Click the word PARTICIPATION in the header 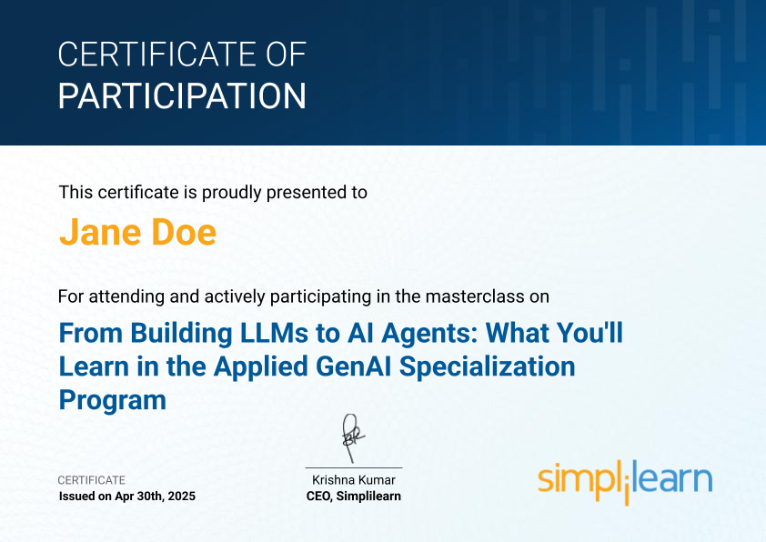tap(182, 95)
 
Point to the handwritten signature tap(352, 437)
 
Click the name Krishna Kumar tap(354, 480)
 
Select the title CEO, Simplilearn tap(354, 497)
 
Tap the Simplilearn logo tap(625, 481)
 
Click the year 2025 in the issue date tap(182, 497)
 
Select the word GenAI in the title tap(354, 366)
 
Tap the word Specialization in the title tap(488, 367)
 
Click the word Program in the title tap(113, 401)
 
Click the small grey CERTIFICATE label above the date tap(92, 480)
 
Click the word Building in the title tap(181, 334)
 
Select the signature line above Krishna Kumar tap(354, 467)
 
